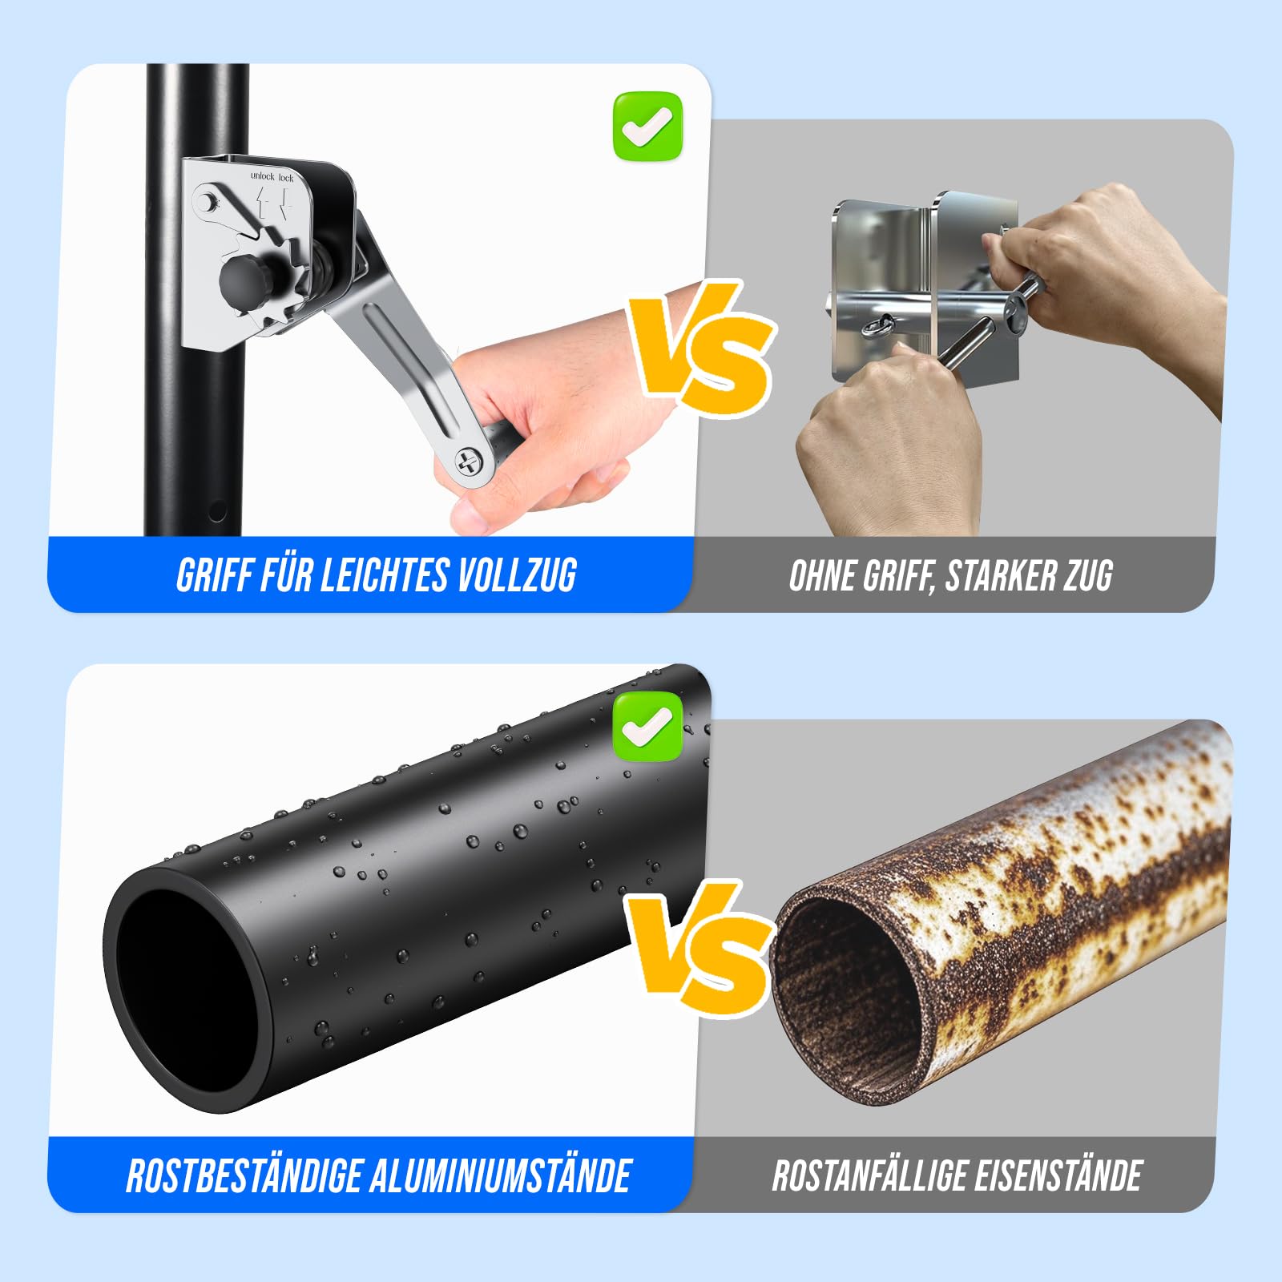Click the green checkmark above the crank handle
tap(647, 127)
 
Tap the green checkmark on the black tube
tap(647, 727)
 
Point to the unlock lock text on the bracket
tap(272, 176)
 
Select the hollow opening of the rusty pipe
tap(849, 994)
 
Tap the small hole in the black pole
tap(216, 511)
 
